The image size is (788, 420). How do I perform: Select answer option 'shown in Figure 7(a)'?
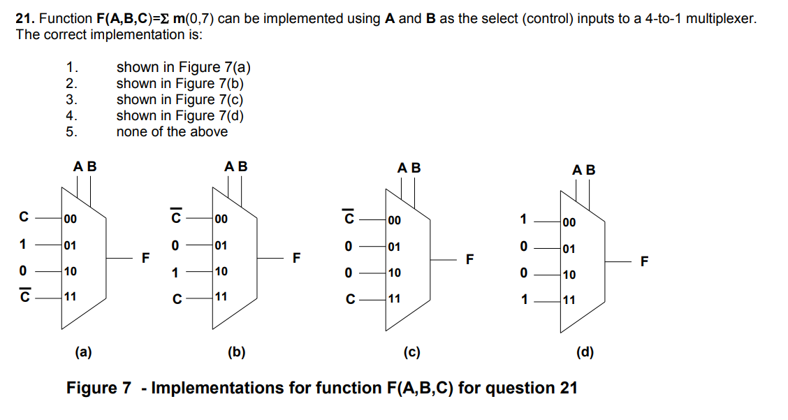point(183,67)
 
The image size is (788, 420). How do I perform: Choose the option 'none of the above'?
point(172,131)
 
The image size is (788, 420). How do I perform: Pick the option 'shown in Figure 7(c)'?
point(180,99)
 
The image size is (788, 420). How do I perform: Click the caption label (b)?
point(237,352)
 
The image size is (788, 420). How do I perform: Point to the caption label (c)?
point(411,352)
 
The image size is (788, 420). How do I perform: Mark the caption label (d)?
point(585,352)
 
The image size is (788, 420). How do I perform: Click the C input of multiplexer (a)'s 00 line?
point(24,218)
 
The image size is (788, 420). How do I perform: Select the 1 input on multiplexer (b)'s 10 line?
point(175,271)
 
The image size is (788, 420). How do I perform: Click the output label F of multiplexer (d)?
point(644,262)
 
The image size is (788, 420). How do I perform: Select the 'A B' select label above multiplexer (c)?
point(409,168)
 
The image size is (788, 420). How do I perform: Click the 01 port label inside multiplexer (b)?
point(221,245)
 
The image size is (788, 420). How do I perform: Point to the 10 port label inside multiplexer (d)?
point(569,275)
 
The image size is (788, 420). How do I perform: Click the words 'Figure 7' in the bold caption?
point(98,388)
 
